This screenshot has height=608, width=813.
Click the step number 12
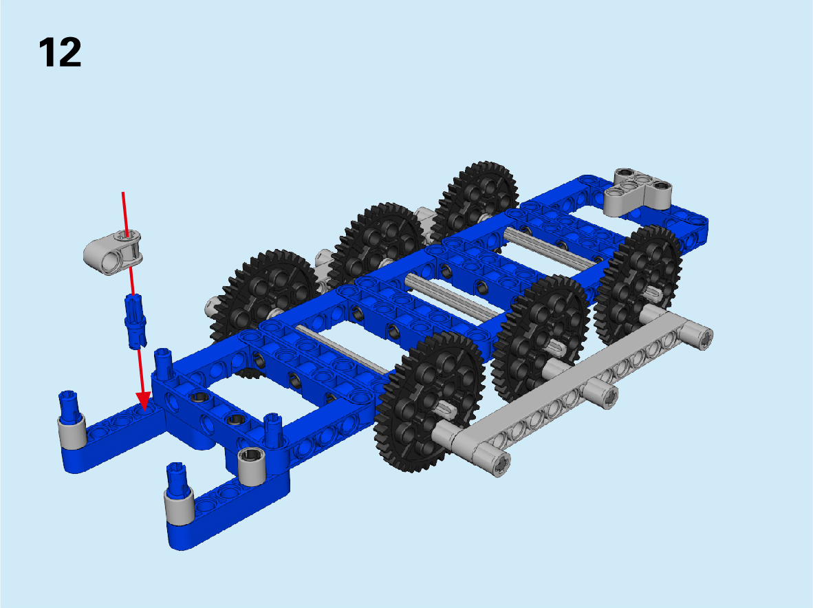tap(60, 52)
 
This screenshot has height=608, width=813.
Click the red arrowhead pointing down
tap(143, 402)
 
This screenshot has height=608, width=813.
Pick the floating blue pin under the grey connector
tap(135, 321)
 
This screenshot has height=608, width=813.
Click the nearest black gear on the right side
tap(430, 402)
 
